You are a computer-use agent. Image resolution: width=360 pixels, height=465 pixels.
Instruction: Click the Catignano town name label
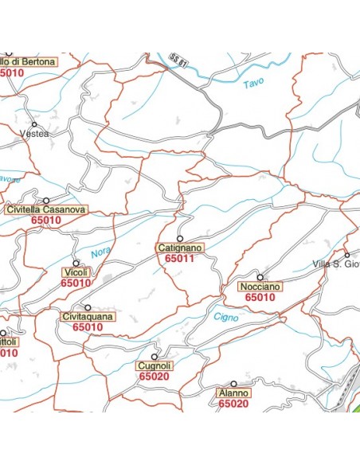(180, 248)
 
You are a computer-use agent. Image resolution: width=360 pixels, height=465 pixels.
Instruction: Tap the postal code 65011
(180, 259)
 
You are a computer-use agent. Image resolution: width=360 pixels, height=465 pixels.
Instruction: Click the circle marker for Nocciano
(260, 277)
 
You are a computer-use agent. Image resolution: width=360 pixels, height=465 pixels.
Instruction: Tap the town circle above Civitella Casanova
(46, 201)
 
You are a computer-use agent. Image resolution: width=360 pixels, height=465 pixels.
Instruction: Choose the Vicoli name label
(76, 272)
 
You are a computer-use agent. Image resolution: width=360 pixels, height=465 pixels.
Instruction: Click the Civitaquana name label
(88, 316)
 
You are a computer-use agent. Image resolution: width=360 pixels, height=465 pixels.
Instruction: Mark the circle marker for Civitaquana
(88, 307)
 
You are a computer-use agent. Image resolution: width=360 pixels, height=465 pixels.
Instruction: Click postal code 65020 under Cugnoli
(153, 377)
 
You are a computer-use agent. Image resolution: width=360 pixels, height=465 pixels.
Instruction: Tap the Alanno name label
(233, 393)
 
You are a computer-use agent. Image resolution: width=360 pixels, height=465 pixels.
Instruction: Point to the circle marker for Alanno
(234, 384)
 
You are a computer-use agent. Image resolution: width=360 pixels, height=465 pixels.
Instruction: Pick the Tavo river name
(252, 82)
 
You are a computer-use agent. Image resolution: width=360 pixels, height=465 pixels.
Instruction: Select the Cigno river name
(226, 318)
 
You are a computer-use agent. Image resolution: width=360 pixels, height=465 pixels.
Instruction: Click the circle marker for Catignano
(180, 238)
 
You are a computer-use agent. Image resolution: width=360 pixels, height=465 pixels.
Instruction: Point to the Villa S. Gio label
(335, 264)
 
